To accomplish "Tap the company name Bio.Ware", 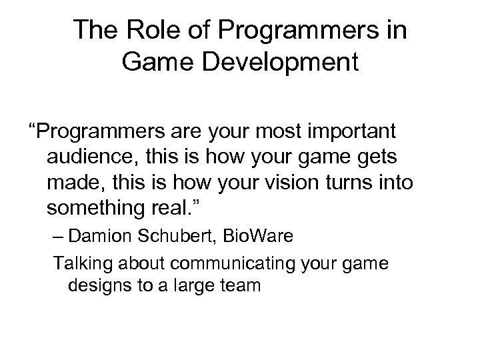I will point(251,236).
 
